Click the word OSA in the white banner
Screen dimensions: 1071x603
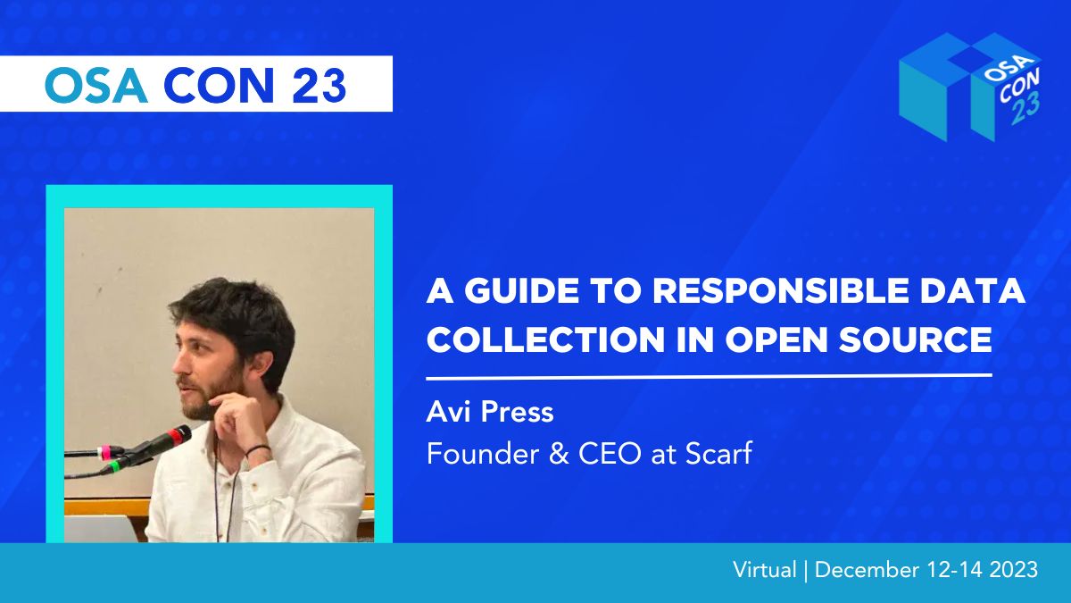(x=95, y=85)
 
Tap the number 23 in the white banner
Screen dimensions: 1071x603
(x=319, y=85)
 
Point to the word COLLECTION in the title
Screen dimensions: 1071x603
(x=546, y=339)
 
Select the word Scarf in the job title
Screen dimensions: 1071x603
(x=718, y=453)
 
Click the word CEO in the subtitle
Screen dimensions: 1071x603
(x=610, y=454)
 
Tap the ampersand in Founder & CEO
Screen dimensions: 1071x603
(x=559, y=454)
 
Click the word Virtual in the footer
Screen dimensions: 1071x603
(x=765, y=570)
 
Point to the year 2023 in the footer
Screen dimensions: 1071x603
(x=1014, y=570)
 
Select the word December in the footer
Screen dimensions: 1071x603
(x=867, y=570)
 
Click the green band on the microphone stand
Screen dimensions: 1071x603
(x=114, y=466)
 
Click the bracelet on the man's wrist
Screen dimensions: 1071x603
(x=258, y=449)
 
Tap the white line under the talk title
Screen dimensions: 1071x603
(x=709, y=377)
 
